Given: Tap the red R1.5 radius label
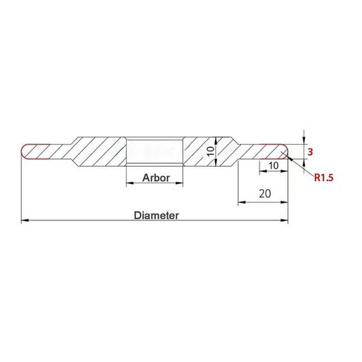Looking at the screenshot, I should click(x=326, y=178).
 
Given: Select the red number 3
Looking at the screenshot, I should click(x=310, y=152).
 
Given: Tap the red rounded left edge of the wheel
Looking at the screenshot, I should click(x=23, y=151).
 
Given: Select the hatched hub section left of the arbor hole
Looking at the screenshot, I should click(x=100, y=152).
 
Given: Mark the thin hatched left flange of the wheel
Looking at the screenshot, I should click(x=48, y=151).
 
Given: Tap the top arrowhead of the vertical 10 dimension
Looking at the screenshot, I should click(x=214, y=139).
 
